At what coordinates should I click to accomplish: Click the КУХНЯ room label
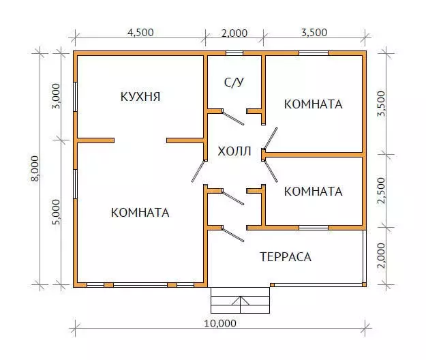coord(140,96)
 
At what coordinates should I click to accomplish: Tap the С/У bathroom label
coord(234,82)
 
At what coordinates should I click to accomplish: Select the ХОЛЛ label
coord(234,151)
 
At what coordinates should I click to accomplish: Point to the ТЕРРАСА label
coord(286,257)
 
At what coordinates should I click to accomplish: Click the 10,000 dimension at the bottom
coord(220,323)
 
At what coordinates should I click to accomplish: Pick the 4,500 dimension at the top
coord(140,32)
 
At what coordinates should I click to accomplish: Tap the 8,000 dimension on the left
coord(35,168)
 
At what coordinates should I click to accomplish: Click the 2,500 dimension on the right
coord(382,190)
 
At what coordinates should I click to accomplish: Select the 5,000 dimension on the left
coord(57,212)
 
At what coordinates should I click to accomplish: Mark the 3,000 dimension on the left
coord(57,96)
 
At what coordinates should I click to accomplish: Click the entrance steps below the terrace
coord(240,300)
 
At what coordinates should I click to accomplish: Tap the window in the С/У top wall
coord(234,53)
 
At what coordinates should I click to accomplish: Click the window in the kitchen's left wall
coord(75,96)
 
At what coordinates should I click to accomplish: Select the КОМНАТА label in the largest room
coord(140,213)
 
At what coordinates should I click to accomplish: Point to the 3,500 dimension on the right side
coord(382,104)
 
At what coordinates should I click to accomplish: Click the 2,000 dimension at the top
coord(234,33)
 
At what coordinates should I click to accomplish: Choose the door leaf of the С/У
coord(233,118)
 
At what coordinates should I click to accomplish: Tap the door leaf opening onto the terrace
coord(233,235)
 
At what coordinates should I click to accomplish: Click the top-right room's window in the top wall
coord(314,53)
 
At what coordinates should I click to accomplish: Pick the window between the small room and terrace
coord(314,228)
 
